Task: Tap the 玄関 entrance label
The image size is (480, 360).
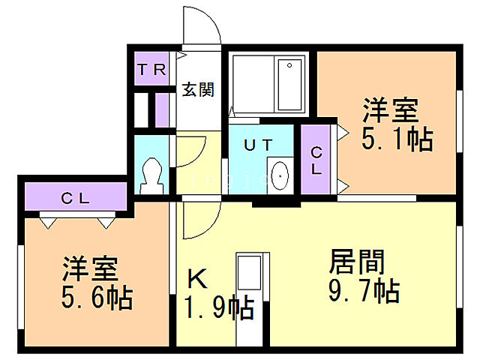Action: pyautogui.click(x=198, y=90)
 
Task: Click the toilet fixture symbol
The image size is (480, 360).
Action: pyautogui.click(x=153, y=174)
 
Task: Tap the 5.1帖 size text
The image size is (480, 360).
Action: pyautogui.click(x=397, y=139)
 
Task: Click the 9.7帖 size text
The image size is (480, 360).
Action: pyautogui.click(x=363, y=289)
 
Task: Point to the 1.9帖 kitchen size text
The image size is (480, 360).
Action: pyautogui.click(x=219, y=307)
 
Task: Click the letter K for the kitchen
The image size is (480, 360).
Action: pyautogui.click(x=196, y=280)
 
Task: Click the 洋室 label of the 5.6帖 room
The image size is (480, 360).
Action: pyautogui.click(x=92, y=268)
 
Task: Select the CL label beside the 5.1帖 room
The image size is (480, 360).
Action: pyautogui.click(x=316, y=160)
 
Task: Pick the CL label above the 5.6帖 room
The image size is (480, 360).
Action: pyautogui.click(x=76, y=199)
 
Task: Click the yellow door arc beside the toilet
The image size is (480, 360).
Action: pyautogui.click(x=189, y=154)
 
